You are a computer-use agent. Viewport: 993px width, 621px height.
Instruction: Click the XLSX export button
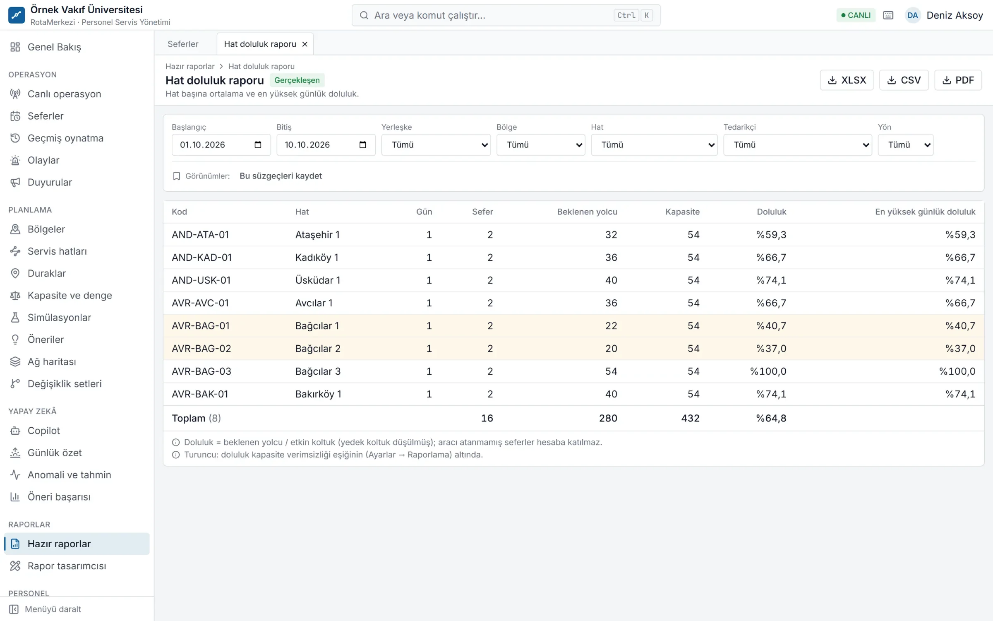coord(847,80)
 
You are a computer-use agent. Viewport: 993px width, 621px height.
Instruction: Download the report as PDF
coord(958,80)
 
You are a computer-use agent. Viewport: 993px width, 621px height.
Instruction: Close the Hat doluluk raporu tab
coord(305,44)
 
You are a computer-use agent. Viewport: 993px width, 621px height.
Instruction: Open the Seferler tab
coord(183,44)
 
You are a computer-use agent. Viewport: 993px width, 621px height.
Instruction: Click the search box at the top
coord(506,15)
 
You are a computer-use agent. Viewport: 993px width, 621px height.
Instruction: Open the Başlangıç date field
coord(221,145)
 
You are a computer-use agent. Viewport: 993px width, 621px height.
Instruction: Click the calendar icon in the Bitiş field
coord(363,145)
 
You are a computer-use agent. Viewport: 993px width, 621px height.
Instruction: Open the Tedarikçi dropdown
coord(797,145)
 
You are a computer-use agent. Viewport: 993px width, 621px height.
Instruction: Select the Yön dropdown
coord(905,145)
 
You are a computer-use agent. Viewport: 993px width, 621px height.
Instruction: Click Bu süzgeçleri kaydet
coord(281,176)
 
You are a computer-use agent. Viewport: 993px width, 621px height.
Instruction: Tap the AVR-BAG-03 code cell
coord(201,371)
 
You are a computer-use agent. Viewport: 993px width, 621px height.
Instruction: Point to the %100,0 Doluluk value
coord(768,371)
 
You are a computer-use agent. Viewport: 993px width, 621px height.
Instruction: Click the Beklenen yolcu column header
coord(587,212)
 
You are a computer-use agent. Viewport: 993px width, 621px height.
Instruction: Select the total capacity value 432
coord(690,418)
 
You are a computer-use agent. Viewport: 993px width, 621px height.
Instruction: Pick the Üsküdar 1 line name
coord(318,280)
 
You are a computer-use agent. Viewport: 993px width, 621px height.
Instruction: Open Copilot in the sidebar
coord(44,431)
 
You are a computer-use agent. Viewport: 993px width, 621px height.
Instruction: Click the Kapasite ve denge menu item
coord(70,296)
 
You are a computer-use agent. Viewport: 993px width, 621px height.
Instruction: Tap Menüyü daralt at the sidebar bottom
coord(53,609)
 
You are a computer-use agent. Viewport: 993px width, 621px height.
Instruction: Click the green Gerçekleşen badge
coord(297,80)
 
